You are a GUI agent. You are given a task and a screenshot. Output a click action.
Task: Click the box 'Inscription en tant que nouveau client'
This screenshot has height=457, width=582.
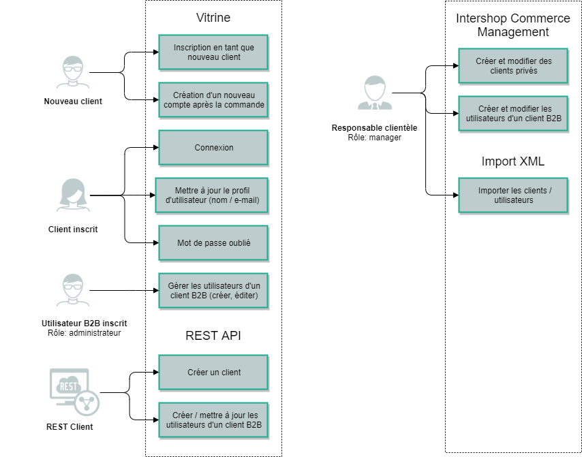(x=213, y=52)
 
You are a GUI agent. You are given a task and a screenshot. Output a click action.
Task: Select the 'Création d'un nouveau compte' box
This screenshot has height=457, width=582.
(x=213, y=100)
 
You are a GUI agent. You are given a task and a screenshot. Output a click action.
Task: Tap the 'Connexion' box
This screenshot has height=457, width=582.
(x=213, y=148)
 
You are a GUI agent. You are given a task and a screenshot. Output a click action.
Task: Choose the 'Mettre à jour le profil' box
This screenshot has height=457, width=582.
(x=212, y=195)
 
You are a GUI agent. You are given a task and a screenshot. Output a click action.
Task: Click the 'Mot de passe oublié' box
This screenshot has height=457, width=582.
(x=213, y=242)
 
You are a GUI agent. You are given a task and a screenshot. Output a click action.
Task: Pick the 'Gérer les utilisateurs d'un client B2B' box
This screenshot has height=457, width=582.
(x=213, y=290)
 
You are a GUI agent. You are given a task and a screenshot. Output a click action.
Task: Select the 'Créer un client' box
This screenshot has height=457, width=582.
(x=213, y=373)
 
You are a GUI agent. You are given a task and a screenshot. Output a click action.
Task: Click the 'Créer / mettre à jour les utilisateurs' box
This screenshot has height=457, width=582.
(x=213, y=420)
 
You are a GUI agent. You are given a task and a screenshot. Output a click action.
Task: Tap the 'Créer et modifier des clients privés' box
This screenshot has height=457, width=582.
(x=513, y=65)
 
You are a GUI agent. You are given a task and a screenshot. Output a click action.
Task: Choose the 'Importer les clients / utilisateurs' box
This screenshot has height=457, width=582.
(x=513, y=195)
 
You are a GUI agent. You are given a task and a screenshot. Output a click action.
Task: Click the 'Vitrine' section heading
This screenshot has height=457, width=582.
(x=213, y=18)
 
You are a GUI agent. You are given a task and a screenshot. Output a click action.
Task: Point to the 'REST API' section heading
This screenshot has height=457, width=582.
(x=213, y=335)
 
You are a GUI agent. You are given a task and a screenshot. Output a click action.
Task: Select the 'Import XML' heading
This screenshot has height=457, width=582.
(x=512, y=162)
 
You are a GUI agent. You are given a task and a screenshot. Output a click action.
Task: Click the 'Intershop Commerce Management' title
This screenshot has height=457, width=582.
(x=512, y=25)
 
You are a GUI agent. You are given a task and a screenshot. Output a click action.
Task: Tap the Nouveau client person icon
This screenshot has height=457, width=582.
(x=73, y=72)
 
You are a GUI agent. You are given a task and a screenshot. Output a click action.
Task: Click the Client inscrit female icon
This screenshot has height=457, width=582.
(x=73, y=195)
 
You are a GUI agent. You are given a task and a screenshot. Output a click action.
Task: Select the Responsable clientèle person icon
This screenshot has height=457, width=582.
(x=374, y=93)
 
